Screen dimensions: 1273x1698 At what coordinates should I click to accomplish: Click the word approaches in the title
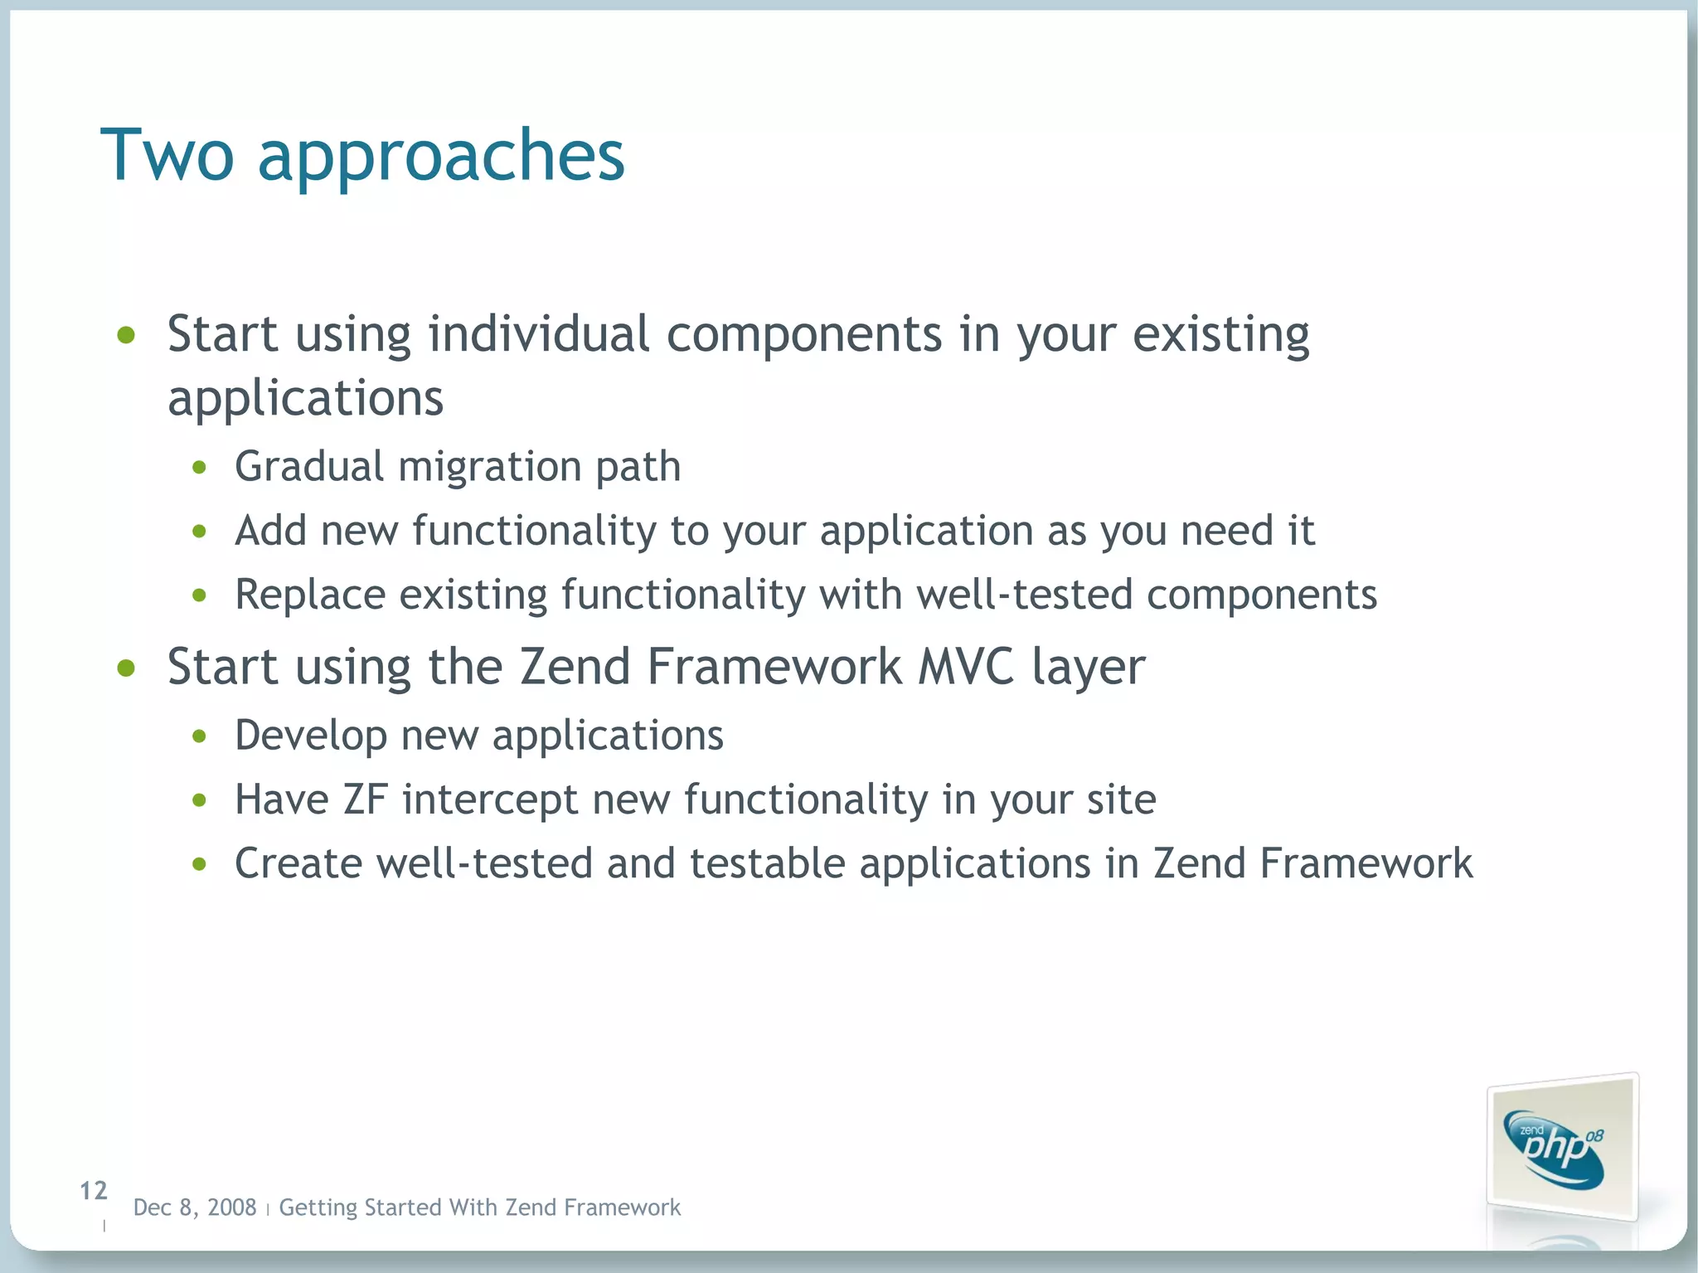tap(441, 158)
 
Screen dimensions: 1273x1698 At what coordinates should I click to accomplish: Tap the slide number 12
tap(94, 1191)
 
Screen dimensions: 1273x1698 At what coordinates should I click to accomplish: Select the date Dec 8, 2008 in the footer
tap(195, 1207)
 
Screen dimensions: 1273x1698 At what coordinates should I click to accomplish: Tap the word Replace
tap(310, 595)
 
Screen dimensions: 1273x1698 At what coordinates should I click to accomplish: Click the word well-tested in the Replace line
tap(1025, 595)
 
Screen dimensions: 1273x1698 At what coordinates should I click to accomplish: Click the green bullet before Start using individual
tap(126, 336)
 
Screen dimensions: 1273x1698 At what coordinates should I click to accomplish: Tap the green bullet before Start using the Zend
tap(126, 668)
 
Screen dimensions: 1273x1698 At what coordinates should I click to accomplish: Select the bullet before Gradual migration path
tap(199, 468)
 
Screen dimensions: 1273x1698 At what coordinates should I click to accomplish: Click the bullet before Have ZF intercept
tap(199, 801)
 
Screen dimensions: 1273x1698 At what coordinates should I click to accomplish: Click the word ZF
tap(366, 799)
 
